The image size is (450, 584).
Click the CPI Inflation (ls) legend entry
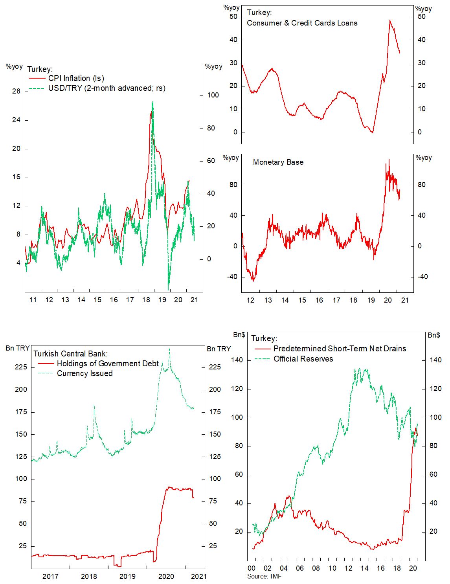tap(76, 78)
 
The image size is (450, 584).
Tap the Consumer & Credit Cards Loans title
tap(302, 23)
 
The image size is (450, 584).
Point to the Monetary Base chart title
tap(278, 162)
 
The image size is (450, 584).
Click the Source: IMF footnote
tap(264, 576)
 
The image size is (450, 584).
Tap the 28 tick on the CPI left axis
tap(16, 91)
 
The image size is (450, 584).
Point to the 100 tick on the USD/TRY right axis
tap(213, 95)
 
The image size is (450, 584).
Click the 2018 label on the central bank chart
tap(89, 576)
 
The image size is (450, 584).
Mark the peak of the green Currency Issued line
tap(169, 348)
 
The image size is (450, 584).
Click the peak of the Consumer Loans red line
tap(390, 20)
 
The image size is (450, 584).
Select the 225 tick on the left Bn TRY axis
tap(20, 367)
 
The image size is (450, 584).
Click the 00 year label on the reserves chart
tap(251, 568)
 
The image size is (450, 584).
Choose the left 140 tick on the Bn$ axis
tap(237, 360)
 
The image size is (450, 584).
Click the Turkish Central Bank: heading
tap(70, 354)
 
